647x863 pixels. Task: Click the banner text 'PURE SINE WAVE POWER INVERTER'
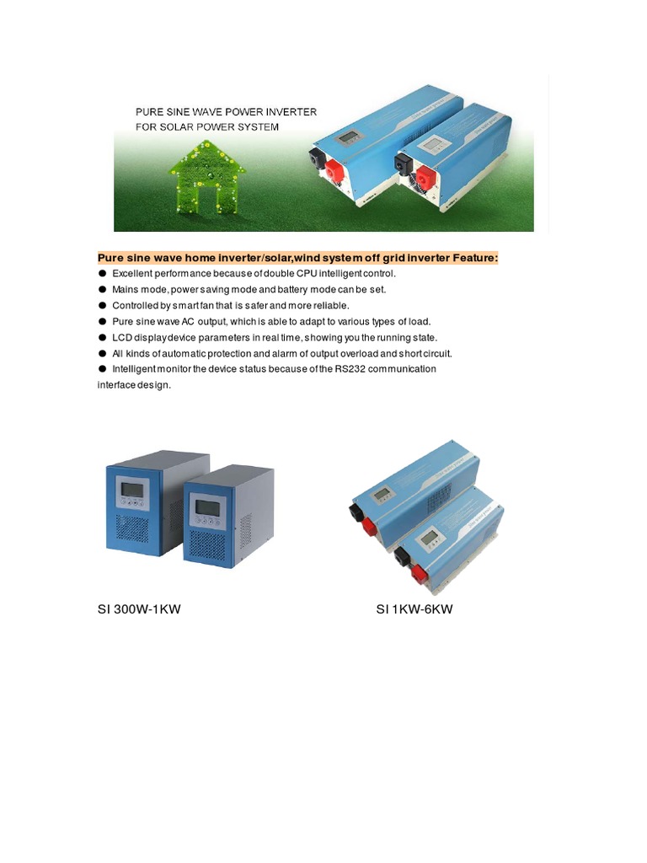pyautogui.click(x=227, y=111)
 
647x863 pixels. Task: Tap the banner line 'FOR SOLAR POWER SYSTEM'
pyautogui.click(x=207, y=127)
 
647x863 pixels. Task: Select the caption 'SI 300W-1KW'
pyautogui.click(x=139, y=609)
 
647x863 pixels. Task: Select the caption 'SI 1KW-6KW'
pyautogui.click(x=414, y=609)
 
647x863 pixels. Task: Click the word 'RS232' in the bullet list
pyautogui.click(x=367, y=369)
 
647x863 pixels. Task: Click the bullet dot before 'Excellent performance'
pyautogui.click(x=103, y=273)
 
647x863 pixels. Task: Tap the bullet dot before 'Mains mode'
pyautogui.click(x=103, y=289)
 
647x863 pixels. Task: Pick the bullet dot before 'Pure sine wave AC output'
pyautogui.click(x=103, y=321)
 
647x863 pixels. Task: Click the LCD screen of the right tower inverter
pyautogui.click(x=207, y=507)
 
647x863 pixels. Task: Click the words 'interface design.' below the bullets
pyautogui.click(x=134, y=385)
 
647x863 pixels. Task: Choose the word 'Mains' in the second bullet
pyautogui.click(x=125, y=289)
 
